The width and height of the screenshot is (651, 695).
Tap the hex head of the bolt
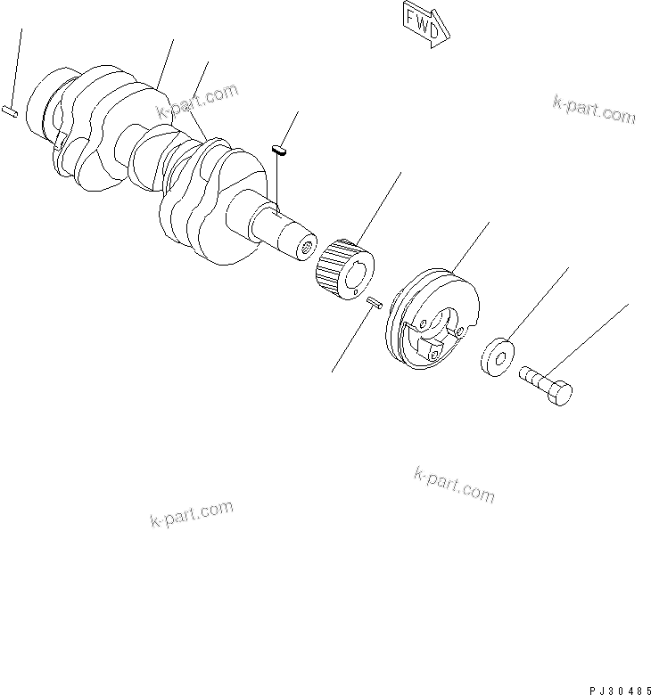coord(561,392)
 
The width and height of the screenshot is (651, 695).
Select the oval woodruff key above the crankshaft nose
coord(278,151)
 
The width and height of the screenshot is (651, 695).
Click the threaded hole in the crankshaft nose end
coord(308,245)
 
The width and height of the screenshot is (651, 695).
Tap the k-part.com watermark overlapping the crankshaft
coord(198,100)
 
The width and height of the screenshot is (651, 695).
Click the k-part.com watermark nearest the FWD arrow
coord(592,110)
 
